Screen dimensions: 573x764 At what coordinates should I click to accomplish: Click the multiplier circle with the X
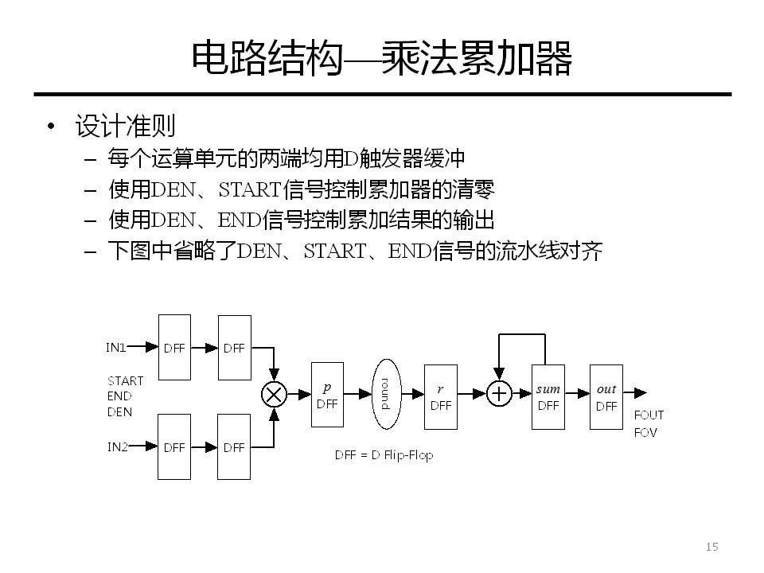click(275, 393)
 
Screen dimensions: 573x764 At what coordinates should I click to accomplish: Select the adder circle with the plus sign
click(499, 393)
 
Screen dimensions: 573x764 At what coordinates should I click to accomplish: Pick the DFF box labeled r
click(441, 396)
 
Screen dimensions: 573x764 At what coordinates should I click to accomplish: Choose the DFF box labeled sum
click(548, 396)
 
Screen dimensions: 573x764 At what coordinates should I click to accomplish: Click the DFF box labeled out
click(606, 396)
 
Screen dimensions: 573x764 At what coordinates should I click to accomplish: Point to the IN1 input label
click(117, 348)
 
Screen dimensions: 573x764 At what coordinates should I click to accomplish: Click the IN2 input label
click(117, 447)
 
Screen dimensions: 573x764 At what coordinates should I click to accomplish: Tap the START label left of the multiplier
click(125, 381)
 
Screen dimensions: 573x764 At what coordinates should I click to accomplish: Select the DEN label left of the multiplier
click(119, 412)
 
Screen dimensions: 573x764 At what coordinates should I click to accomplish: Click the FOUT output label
click(649, 415)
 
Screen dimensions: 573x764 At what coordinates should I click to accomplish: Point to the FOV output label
click(645, 433)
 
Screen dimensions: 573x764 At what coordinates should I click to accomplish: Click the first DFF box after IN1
click(174, 347)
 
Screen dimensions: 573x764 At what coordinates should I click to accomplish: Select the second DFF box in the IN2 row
click(234, 446)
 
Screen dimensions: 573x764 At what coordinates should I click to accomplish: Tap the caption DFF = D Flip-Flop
click(384, 456)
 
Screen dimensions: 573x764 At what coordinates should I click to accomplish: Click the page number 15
click(711, 547)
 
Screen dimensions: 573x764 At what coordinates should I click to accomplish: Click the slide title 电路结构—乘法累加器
click(382, 59)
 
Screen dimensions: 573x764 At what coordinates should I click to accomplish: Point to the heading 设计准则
click(125, 126)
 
